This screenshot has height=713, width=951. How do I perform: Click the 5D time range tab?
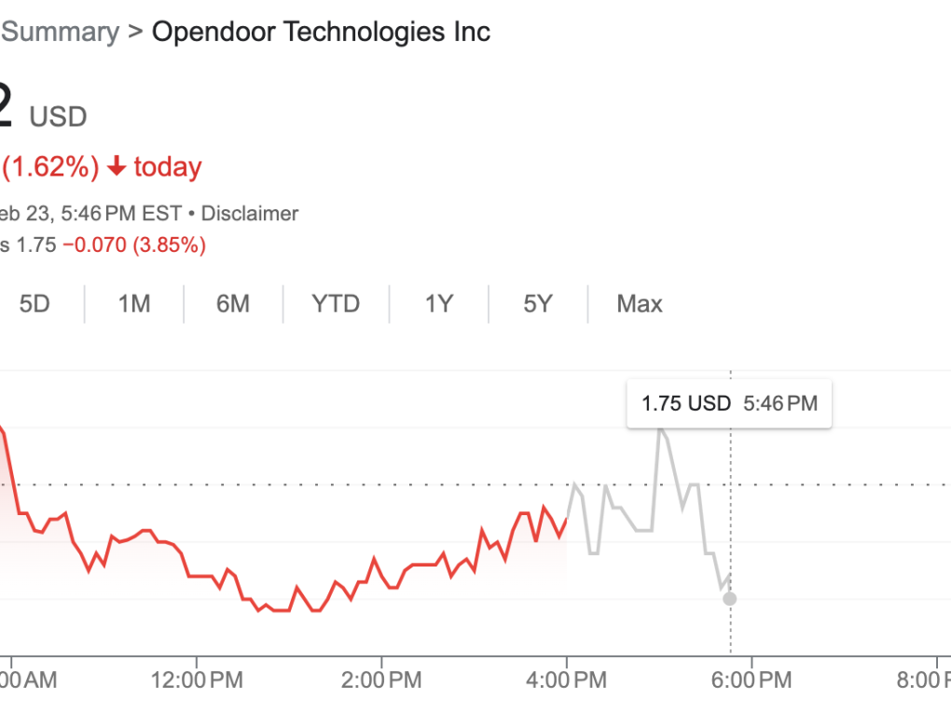pos(34,304)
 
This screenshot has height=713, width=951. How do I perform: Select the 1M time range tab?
pos(134,304)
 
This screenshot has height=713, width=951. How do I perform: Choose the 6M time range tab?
pos(233,304)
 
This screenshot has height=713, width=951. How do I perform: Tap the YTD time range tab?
pos(336,304)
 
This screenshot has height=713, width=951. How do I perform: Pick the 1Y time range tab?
pos(438,304)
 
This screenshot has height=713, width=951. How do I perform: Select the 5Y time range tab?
pos(538,304)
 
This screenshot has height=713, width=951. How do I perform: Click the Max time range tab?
pos(640,304)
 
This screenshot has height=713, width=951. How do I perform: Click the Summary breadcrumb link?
pos(61,32)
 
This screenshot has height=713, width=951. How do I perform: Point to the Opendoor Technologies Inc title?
pos(321,32)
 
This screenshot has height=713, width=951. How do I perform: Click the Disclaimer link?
pos(250,214)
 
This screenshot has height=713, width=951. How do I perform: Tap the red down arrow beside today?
pos(117,167)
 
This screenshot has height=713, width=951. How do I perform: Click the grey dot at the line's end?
pos(729,598)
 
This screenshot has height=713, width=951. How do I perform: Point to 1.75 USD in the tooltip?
pos(686,404)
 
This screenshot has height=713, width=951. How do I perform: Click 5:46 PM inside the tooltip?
pos(780,404)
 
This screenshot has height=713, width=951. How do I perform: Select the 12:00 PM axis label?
pos(196,680)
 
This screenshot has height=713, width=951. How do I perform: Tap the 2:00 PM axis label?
pos(381,680)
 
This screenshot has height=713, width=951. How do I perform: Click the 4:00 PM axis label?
pos(566,680)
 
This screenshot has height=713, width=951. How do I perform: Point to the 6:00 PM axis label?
pos(751,680)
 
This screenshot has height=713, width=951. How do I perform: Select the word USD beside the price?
pos(58,117)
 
